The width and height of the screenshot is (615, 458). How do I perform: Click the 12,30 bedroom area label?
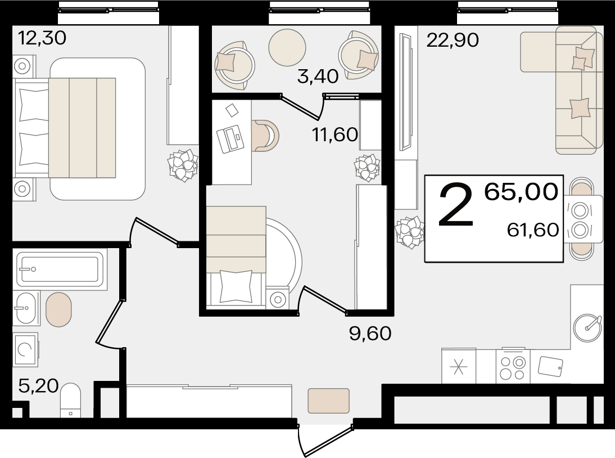pyautogui.click(x=42, y=38)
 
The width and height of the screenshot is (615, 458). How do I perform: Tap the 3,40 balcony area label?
pyautogui.click(x=318, y=76)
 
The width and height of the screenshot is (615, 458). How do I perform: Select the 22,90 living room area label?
pyautogui.click(x=453, y=40)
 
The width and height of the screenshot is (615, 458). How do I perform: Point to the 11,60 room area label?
pyautogui.click(x=335, y=134)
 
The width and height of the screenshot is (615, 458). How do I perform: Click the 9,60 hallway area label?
pyautogui.click(x=370, y=333)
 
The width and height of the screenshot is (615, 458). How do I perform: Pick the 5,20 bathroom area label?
pyautogui.click(x=38, y=386)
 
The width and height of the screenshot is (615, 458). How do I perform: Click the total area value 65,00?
pyautogui.click(x=521, y=191)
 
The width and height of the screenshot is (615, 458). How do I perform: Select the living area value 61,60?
pyautogui.click(x=532, y=230)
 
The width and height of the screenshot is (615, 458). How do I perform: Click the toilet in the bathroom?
pyautogui.click(x=71, y=400)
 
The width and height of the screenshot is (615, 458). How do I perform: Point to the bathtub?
pyautogui.click(x=60, y=270)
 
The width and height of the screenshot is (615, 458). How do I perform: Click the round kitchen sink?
pyautogui.click(x=587, y=327)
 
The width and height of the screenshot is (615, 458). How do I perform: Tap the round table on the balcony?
pyautogui.click(x=287, y=47)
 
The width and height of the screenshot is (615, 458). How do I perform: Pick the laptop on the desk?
pyautogui.click(x=230, y=139)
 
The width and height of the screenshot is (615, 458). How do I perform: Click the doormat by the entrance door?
pyautogui.click(x=328, y=401)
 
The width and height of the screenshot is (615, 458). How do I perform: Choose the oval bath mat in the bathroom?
pyautogui.click(x=59, y=309)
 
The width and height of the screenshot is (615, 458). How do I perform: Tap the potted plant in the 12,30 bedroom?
pyautogui.click(x=183, y=165)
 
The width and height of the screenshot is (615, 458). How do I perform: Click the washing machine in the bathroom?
pyautogui.click(x=25, y=349)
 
